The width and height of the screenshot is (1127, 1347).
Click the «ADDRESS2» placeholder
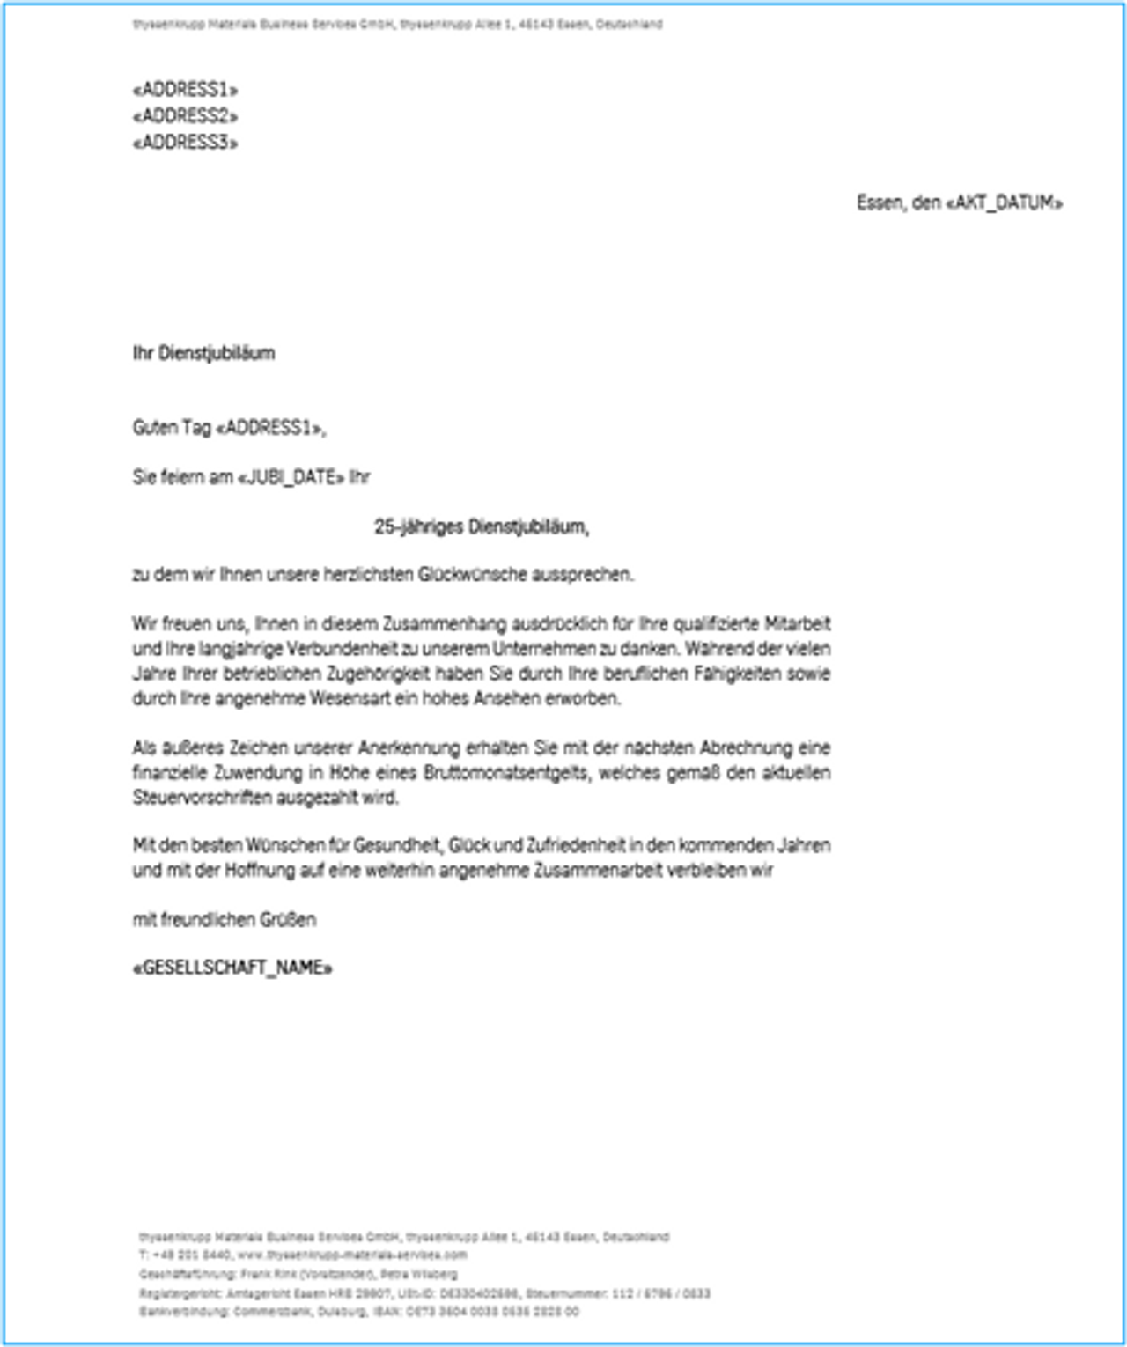pos(185,116)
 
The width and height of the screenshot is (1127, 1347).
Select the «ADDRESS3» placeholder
pos(185,143)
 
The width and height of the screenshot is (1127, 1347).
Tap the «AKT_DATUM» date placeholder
pos(1004,203)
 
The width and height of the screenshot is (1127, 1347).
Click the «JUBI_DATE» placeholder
pos(291,478)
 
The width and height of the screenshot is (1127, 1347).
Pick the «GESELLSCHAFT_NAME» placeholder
pos(232,968)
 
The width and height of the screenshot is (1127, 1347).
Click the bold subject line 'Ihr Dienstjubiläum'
pos(203,354)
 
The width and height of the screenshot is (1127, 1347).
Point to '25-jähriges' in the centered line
pos(419,527)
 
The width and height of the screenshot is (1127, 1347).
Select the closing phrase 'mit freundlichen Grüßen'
pos(224,920)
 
